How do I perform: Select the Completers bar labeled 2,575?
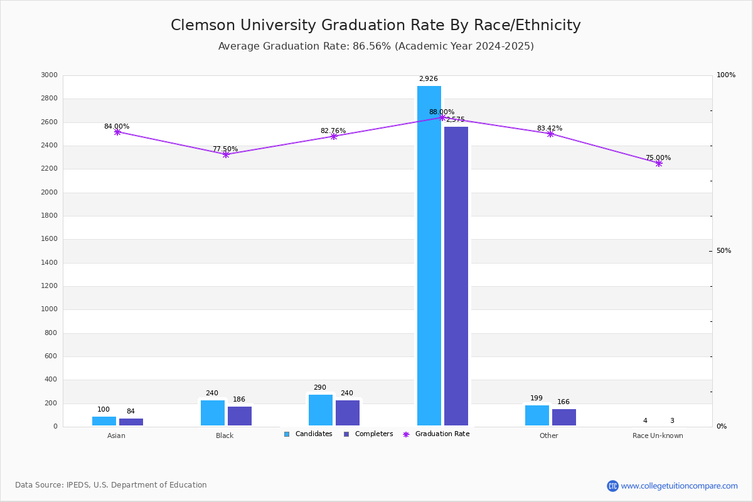(456, 276)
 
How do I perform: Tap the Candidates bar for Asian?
(104, 421)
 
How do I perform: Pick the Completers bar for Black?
(240, 416)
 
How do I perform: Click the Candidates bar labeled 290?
(321, 410)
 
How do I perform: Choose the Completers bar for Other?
(564, 417)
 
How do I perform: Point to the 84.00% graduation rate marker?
(117, 132)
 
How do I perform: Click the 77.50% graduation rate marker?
(226, 154)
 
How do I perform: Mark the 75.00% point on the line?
(659, 163)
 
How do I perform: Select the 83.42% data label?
(550, 129)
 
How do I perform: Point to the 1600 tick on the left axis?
(50, 239)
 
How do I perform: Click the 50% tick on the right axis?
(724, 251)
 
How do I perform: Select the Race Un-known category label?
(658, 435)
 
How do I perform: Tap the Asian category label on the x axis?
(116, 435)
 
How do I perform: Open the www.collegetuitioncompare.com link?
(679, 486)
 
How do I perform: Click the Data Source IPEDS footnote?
(111, 485)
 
